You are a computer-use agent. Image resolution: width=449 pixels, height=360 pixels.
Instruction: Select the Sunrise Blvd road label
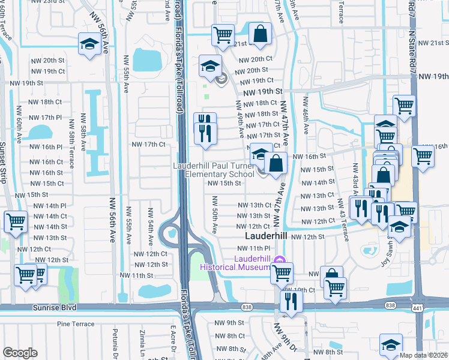coord(25,307)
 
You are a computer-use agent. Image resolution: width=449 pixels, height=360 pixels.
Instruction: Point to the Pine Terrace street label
coord(76,324)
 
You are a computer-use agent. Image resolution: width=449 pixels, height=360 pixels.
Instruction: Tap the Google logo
coord(20,353)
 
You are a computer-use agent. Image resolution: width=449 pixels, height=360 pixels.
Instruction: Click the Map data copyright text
coord(424,355)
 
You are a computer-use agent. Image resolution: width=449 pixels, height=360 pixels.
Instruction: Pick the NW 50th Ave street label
coord(215,215)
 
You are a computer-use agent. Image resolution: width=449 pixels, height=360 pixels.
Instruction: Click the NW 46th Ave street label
coord(306,116)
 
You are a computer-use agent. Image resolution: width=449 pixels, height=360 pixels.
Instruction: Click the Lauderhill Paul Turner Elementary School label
coord(214,170)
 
